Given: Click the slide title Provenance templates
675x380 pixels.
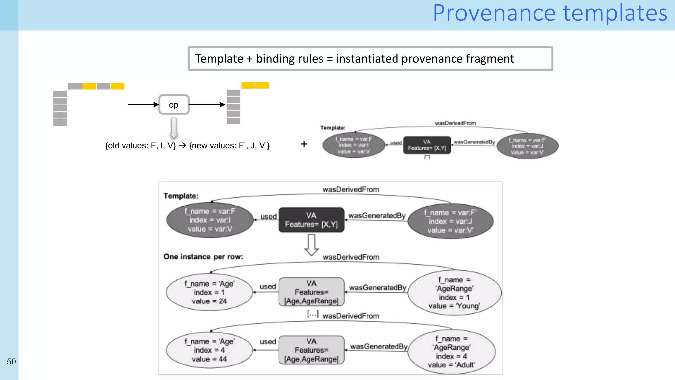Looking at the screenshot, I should [550, 13].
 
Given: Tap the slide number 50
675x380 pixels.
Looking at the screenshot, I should [11, 362].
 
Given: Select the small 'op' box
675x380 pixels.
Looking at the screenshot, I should [174, 105].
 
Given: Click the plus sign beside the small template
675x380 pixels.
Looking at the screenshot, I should [304, 144].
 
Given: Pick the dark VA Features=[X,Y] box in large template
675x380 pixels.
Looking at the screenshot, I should [311, 220].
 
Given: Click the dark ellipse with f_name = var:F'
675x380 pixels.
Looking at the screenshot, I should [450, 221].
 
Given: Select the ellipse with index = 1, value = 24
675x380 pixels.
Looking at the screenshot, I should [209, 292].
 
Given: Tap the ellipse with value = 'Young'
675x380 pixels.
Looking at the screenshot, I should [454, 293].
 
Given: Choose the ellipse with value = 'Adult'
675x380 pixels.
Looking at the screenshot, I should [451, 352].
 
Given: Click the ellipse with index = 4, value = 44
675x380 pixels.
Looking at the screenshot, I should [209, 350].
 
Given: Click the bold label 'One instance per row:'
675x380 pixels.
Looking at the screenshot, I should [203, 257].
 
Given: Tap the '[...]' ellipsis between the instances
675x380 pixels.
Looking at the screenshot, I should [312, 314].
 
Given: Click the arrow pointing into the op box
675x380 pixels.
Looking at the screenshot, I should [143, 105].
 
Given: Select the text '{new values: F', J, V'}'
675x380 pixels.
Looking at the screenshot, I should [229, 145].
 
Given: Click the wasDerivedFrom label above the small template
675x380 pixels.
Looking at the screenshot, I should [455, 123].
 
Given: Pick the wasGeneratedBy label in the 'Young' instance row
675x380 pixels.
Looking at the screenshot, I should [377, 288].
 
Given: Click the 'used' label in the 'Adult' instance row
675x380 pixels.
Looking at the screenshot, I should [268, 342].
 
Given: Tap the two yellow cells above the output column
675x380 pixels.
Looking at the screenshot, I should [255, 85].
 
